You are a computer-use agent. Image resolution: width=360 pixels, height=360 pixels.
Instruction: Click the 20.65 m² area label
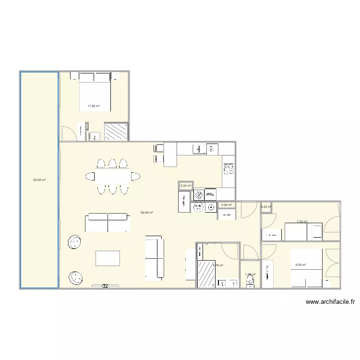pos(39,180)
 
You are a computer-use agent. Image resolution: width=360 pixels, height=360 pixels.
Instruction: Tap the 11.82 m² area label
pos(93,106)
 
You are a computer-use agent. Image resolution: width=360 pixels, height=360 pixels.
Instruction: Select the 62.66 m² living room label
pos(147,212)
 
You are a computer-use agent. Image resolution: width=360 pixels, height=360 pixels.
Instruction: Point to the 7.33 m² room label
pos(301,222)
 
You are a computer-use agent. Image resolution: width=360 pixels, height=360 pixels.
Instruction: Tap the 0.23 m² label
pos(265,207)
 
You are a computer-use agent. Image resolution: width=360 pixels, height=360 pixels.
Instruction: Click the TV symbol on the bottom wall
pos(105,286)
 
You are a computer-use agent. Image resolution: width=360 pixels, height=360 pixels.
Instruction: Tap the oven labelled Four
pos(210,194)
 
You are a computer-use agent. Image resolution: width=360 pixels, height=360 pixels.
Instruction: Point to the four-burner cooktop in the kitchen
pos(228,168)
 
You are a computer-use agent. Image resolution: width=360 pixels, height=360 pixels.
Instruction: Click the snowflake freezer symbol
pos(198,195)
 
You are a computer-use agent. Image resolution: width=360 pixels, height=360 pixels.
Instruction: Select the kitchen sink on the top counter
pos(197,149)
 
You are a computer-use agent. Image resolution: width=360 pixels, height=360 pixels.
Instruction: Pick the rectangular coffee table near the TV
pos(108,258)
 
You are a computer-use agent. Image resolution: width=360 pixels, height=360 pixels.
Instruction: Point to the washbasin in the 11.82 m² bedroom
pos(94,136)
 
